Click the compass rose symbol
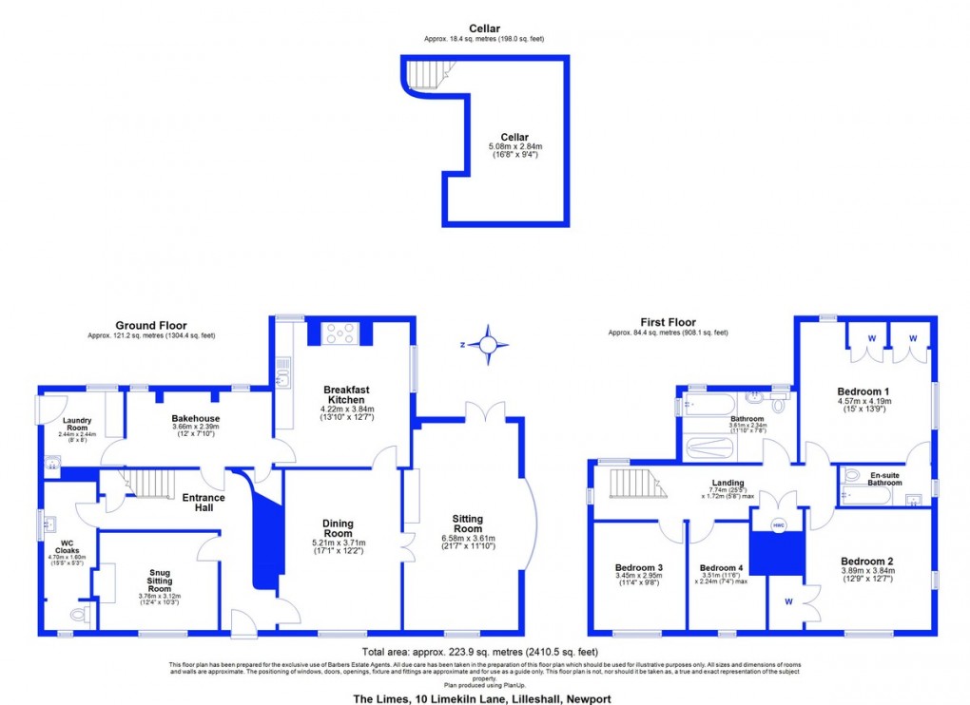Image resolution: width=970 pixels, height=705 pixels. coord(487,344)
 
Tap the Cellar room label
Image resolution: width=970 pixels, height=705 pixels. coord(514,137)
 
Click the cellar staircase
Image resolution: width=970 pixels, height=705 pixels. coord(425,73)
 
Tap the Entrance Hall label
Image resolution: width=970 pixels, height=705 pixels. coord(204,503)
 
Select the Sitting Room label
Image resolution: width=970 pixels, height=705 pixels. coord(467,524)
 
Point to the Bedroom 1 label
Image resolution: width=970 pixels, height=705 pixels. coord(863,391)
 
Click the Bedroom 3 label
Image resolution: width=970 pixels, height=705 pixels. coord(639,568)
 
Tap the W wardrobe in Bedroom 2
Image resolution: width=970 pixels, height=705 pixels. coord(788,600)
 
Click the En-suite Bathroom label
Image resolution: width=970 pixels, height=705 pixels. coord(884,478)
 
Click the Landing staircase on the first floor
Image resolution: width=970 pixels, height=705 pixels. coord(633,483)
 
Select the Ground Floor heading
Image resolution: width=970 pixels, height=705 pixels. coord(150,324)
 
